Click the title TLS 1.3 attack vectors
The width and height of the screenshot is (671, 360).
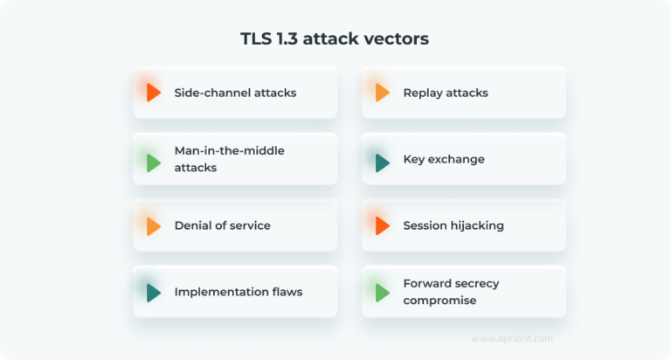(335, 39)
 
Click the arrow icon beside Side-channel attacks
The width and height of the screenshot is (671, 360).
(154, 93)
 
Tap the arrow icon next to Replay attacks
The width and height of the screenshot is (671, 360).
(382, 93)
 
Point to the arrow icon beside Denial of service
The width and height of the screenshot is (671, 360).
(154, 226)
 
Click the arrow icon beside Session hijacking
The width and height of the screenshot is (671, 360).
(382, 226)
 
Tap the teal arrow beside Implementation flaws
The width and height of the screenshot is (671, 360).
(154, 293)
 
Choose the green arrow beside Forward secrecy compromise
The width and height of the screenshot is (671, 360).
(382, 293)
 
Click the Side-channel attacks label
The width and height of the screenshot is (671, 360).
(235, 93)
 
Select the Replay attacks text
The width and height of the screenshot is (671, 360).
(446, 93)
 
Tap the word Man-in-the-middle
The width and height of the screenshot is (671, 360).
(229, 151)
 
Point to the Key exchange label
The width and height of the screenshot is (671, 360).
(444, 160)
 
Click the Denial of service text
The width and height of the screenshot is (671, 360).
(222, 225)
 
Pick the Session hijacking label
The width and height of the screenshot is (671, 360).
(453, 225)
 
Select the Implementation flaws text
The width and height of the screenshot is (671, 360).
(239, 292)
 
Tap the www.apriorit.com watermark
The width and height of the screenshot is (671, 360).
(511, 339)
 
